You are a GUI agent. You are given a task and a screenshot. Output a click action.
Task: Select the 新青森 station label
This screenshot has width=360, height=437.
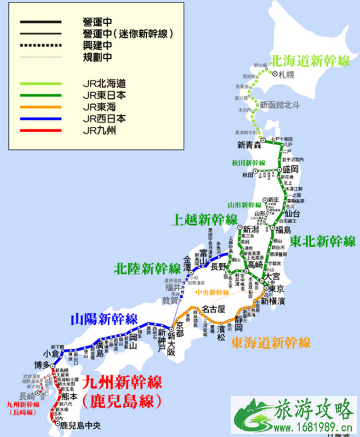pyautogui.click(x=250, y=146)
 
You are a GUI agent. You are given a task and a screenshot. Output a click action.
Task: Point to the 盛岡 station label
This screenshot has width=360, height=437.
pyautogui.click(x=290, y=169)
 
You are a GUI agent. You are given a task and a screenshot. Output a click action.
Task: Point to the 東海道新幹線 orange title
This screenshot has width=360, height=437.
pyautogui.click(x=270, y=342)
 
